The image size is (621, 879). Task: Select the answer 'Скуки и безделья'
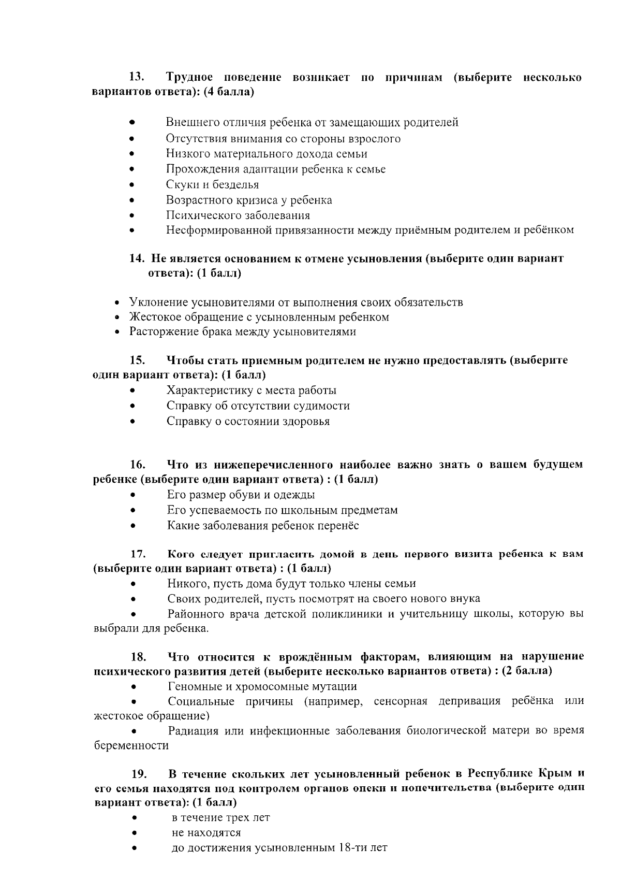(212, 184)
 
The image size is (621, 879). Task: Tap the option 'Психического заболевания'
(238, 215)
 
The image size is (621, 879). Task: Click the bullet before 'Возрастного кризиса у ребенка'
(132, 200)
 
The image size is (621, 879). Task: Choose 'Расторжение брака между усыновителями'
(242, 332)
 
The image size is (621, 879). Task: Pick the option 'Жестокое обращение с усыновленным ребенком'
(259, 317)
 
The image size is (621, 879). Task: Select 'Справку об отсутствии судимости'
(258, 406)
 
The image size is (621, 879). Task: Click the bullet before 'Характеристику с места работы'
(133, 391)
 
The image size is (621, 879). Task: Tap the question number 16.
(136, 465)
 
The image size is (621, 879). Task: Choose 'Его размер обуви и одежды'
(241, 495)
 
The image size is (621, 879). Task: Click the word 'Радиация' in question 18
(190, 731)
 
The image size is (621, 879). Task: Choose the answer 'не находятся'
(206, 833)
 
